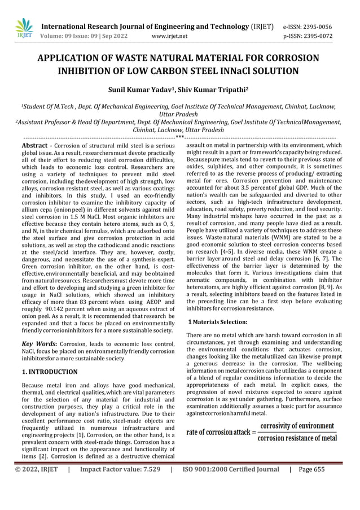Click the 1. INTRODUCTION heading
(x=49, y=372)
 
